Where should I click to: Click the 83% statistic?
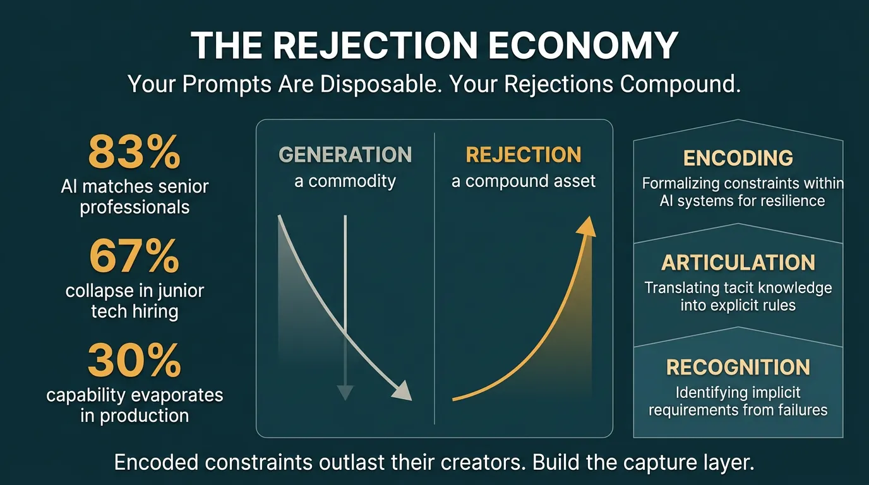[x=135, y=152]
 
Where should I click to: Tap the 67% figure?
[x=135, y=256]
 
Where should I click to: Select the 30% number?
[x=135, y=360]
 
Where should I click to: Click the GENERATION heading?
[x=345, y=155]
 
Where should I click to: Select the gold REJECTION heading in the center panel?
[x=524, y=155]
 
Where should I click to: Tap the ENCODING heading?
[x=738, y=158]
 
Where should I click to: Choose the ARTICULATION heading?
[x=738, y=263]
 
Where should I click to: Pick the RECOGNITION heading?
[x=738, y=368]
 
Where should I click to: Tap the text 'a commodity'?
[x=345, y=182]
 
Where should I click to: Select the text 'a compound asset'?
[x=524, y=182]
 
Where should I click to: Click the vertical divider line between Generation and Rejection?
[x=434, y=278]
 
